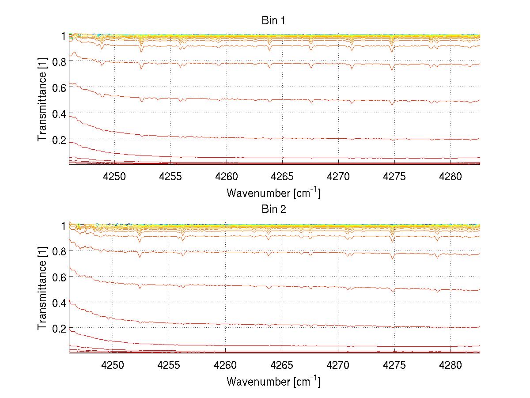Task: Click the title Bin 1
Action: point(274,20)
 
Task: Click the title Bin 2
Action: point(274,209)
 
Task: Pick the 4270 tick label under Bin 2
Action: point(338,365)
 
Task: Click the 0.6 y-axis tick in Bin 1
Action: point(59,87)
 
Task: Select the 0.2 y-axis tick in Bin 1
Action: point(59,140)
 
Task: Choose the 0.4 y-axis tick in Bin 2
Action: point(59,303)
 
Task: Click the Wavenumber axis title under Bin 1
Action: point(273,193)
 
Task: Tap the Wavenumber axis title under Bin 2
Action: point(273,381)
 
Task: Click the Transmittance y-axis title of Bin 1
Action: point(42,100)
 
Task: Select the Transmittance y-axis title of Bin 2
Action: point(42,289)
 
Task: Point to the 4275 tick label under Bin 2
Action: point(394,365)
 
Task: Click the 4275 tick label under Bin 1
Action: point(394,176)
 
